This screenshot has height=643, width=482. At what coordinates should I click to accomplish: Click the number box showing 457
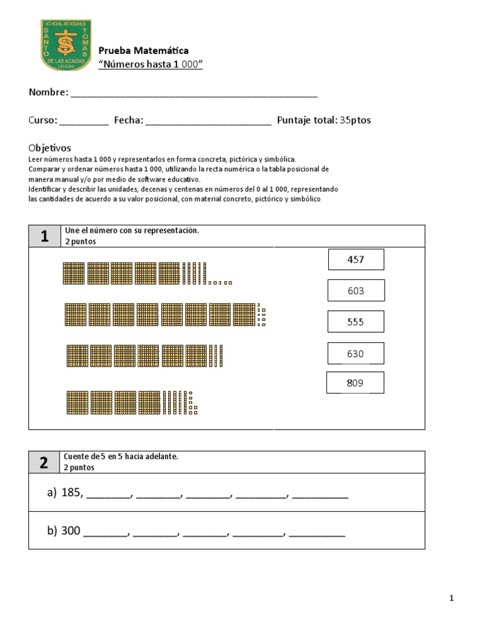click(356, 259)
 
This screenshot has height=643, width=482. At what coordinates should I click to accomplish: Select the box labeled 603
click(356, 291)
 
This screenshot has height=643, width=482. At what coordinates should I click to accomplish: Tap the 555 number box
click(356, 322)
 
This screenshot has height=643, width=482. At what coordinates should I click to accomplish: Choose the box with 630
click(356, 354)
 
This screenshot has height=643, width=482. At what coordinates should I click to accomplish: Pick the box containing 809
click(355, 383)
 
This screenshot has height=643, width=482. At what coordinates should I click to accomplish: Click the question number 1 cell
click(44, 236)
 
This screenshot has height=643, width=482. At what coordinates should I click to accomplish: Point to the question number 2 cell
click(44, 463)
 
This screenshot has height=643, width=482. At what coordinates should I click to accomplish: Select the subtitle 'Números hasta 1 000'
click(151, 65)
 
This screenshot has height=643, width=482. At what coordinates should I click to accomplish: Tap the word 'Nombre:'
click(48, 93)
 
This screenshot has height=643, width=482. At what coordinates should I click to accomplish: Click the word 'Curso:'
click(43, 120)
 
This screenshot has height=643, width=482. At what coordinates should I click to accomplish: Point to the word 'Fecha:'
click(129, 120)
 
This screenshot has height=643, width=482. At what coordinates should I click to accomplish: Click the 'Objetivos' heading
click(50, 148)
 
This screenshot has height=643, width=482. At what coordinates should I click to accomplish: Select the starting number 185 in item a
click(72, 493)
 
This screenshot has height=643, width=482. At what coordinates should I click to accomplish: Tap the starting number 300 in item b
click(71, 531)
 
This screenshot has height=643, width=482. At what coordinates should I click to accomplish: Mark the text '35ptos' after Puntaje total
click(355, 120)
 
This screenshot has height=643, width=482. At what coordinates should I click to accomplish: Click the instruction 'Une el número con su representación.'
click(131, 230)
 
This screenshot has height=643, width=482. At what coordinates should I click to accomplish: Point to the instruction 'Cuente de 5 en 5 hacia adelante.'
click(121, 457)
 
